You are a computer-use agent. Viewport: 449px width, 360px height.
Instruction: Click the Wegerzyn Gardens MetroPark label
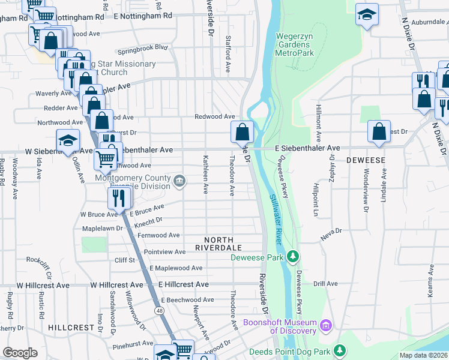(295, 44)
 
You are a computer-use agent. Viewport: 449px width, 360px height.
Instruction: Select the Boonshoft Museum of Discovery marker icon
(326, 326)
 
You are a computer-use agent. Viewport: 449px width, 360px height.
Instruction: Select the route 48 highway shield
(158, 311)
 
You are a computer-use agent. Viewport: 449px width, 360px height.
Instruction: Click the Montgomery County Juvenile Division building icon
(179, 181)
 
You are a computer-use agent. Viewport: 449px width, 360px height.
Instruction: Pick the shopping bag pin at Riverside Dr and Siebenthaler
(242, 131)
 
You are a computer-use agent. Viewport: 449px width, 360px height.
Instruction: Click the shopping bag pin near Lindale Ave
(379, 131)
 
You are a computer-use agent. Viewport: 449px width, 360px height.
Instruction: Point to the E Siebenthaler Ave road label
(307, 148)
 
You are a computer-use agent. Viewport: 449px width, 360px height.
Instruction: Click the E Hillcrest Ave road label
(183, 284)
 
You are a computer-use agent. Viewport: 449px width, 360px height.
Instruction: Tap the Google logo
(20, 353)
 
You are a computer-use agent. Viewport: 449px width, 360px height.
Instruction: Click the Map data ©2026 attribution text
(423, 355)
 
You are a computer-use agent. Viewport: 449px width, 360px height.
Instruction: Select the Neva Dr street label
(331, 230)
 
